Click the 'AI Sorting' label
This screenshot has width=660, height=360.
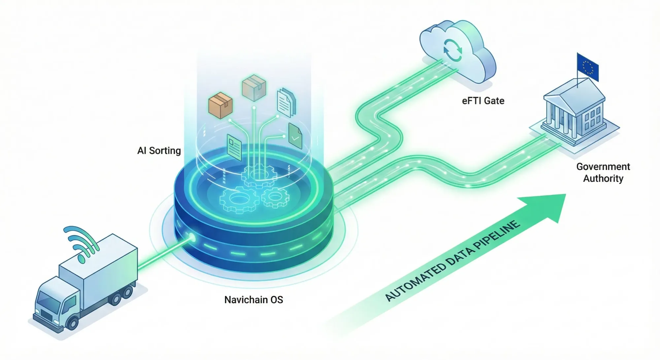159,151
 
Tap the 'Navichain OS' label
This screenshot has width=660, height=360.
253,300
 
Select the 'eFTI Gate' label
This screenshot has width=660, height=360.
483,101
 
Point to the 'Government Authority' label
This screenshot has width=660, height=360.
603,172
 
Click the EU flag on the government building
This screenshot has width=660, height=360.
588,67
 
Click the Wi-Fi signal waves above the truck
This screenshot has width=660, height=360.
81,243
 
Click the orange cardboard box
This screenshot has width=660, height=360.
220,105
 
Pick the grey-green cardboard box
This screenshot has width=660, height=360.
254,87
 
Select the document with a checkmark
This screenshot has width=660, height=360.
295,136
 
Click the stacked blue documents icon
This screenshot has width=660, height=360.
286,102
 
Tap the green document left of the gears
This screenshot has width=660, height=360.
234,147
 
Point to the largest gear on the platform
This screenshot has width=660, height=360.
239,199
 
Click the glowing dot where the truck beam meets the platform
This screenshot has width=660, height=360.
191,237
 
